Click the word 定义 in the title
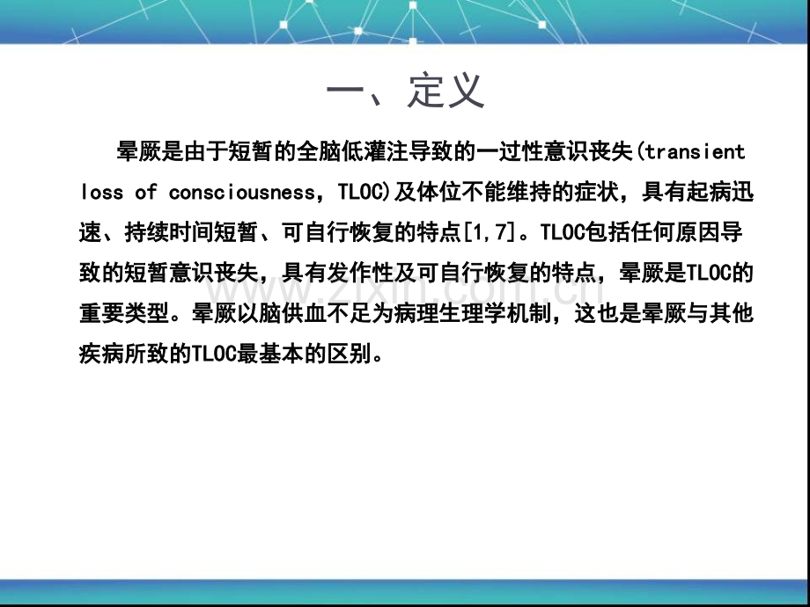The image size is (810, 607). [x=446, y=91]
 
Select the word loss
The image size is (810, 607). [x=102, y=192]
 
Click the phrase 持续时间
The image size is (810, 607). [x=169, y=232]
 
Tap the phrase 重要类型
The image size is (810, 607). [x=124, y=313]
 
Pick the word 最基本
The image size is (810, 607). [x=270, y=354]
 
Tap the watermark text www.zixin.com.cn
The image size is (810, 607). [x=404, y=290]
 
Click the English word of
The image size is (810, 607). [x=146, y=192]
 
